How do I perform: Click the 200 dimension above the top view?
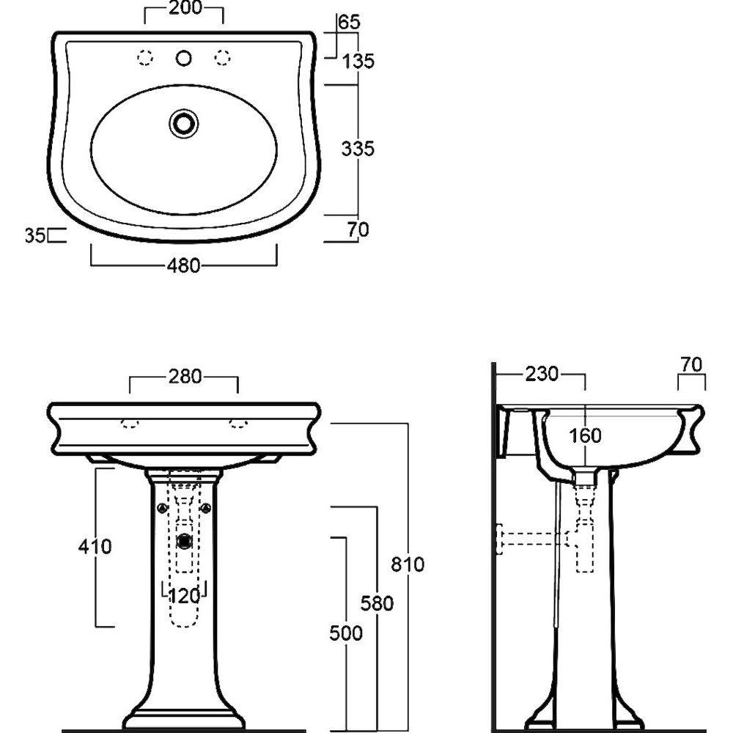pyautogui.click(x=185, y=8)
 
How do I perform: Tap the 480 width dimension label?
pyautogui.click(x=184, y=265)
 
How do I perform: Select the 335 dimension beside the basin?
pyautogui.click(x=358, y=149)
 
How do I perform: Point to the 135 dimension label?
pyautogui.click(x=358, y=62)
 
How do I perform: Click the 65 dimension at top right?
pyautogui.click(x=349, y=23)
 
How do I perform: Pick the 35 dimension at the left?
pyautogui.click(x=35, y=235)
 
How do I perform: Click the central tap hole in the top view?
pyautogui.click(x=184, y=58)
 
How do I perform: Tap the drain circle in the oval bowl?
pyautogui.click(x=184, y=123)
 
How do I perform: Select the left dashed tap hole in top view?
pyautogui.click(x=145, y=57)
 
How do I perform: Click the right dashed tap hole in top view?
pyautogui.click(x=223, y=57)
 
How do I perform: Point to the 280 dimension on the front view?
pyautogui.click(x=185, y=376)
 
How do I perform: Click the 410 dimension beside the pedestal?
pyautogui.click(x=95, y=546)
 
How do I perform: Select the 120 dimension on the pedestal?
pyautogui.click(x=184, y=596)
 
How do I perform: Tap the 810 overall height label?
pyautogui.click(x=408, y=564)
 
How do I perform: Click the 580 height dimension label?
pyautogui.click(x=377, y=603)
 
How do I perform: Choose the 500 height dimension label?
pyautogui.click(x=346, y=633)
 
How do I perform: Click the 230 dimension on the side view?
pyautogui.click(x=542, y=374)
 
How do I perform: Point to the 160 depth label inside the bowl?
pyautogui.click(x=585, y=435)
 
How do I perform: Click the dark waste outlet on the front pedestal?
pyautogui.click(x=185, y=541)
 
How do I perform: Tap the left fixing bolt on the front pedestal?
pyautogui.click(x=162, y=508)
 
